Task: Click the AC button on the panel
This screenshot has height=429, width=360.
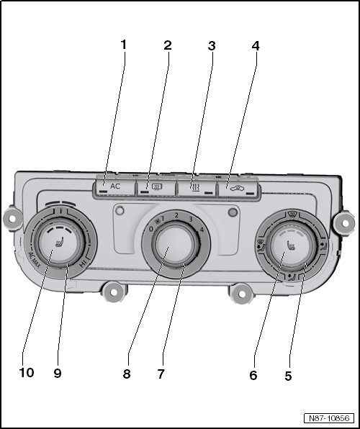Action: click(x=114, y=186)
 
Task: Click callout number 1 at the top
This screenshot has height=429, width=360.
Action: click(x=123, y=45)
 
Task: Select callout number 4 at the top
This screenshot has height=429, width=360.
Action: click(x=256, y=46)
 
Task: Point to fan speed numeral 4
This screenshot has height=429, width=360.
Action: click(x=203, y=230)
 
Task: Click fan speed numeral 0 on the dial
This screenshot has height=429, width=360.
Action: click(x=150, y=229)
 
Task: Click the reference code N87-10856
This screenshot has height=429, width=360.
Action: click(x=328, y=418)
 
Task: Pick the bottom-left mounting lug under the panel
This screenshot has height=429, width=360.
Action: click(x=112, y=291)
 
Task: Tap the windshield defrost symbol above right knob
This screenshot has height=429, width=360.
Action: click(x=294, y=214)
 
